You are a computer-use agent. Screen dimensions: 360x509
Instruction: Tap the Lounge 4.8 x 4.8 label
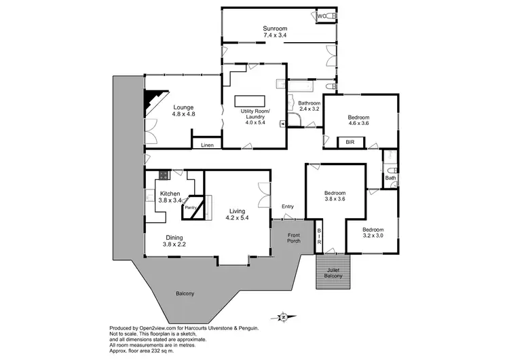pyautogui.click(x=183, y=111)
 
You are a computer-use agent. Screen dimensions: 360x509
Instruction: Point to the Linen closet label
pyautogui.click(x=206, y=145)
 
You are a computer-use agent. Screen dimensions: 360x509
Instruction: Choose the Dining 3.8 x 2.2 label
pyautogui.click(x=174, y=240)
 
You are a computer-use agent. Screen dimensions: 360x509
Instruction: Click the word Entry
pyautogui.click(x=288, y=206)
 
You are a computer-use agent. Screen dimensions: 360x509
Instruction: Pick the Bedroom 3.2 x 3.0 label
pyautogui.click(x=372, y=233)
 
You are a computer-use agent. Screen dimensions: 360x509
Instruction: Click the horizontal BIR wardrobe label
pyautogui.click(x=350, y=143)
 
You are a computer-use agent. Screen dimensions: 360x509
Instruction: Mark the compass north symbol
pyautogui.click(x=284, y=317)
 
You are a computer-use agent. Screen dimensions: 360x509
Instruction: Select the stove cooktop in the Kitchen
pyautogui.click(x=164, y=175)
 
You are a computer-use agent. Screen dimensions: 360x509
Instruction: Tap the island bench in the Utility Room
pyautogui.click(x=252, y=101)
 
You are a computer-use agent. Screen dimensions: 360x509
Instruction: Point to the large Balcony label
pyautogui.click(x=185, y=293)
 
